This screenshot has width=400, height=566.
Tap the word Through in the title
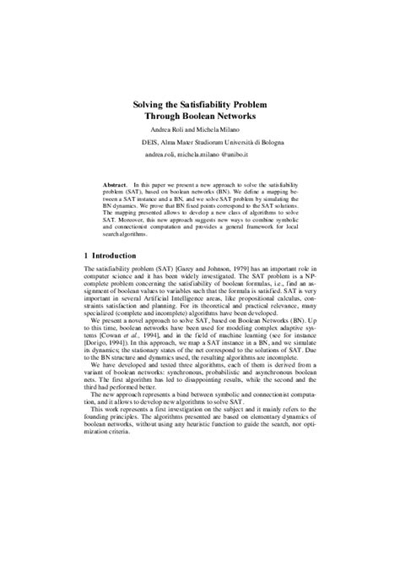coord(163,118)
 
